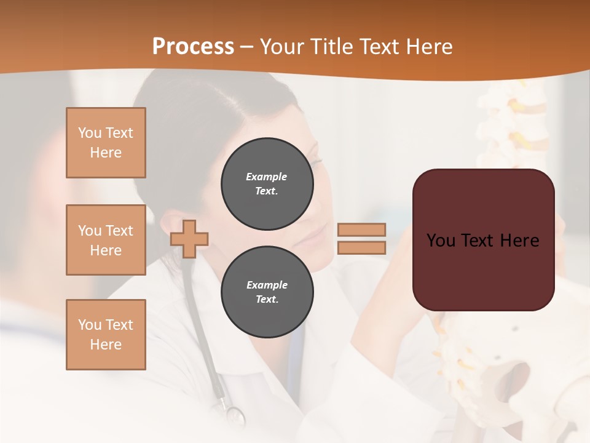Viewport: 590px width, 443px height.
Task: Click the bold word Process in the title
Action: coord(193,47)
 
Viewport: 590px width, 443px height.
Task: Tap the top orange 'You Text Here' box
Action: coord(106,143)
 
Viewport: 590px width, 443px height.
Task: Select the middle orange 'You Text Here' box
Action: coord(106,240)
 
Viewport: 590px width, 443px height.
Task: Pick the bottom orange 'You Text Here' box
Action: coord(106,335)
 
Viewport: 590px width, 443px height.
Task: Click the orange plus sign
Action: coord(189,239)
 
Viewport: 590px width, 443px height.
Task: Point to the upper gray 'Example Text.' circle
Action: coord(267,184)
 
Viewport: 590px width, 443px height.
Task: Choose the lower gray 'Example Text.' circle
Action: coord(267,292)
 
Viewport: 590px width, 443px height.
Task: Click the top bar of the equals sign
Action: coord(361,230)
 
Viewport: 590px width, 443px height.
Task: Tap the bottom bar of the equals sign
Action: coord(361,247)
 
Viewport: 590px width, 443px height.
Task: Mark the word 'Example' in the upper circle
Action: coord(267,177)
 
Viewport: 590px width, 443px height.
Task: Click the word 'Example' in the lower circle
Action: coord(267,285)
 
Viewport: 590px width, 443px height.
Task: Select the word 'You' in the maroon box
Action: coord(441,240)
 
